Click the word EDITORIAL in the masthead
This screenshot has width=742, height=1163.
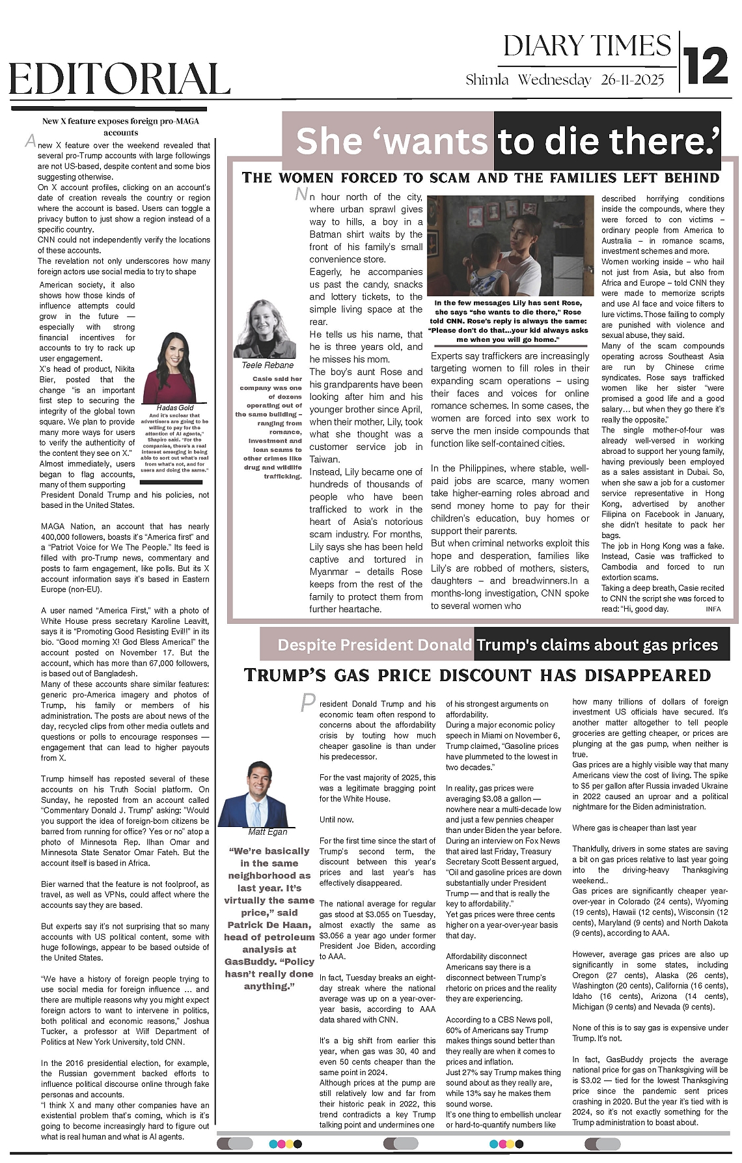click(120, 80)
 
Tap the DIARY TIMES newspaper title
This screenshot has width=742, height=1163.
click(586, 46)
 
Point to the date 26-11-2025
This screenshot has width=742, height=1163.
click(632, 80)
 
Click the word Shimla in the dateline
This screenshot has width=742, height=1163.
click(487, 80)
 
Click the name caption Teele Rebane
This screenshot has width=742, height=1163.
click(267, 365)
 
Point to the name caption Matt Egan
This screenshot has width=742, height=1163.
click(268, 832)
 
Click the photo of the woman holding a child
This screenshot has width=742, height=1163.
click(508, 245)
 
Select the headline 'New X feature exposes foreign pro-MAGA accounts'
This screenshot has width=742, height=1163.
click(120, 126)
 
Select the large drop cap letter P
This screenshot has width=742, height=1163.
click(308, 702)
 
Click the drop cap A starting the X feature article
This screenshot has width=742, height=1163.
click(30, 141)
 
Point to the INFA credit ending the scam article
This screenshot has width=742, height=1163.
click(713, 609)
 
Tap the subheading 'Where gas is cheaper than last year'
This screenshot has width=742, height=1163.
click(634, 828)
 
